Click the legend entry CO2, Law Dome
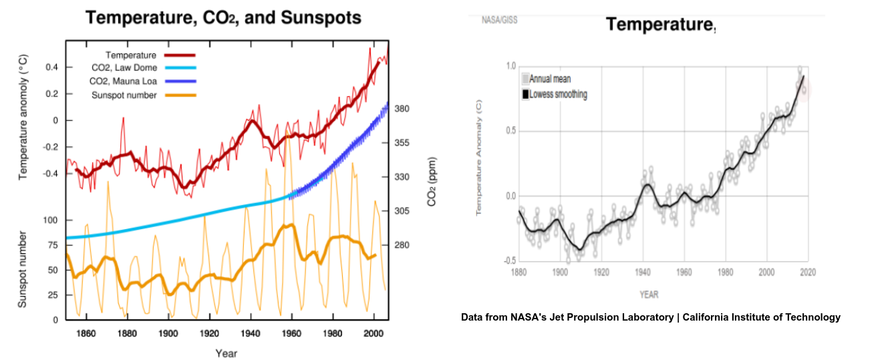click(x=124, y=67)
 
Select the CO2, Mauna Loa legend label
click(x=124, y=81)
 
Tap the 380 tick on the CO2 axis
click(x=402, y=109)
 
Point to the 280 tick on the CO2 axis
click(x=402, y=245)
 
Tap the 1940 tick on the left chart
click(x=251, y=333)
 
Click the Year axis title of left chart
click(x=226, y=353)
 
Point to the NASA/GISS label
click(x=499, y=20)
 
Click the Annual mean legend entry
click(x=550, y=79)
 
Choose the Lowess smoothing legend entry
click(x=558, y=94)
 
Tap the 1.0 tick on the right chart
click(x=511, y=65)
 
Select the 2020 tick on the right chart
click(x=807, y=273)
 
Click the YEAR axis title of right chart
click(x=649, y=294)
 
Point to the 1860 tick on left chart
click(x=86, y=333)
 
